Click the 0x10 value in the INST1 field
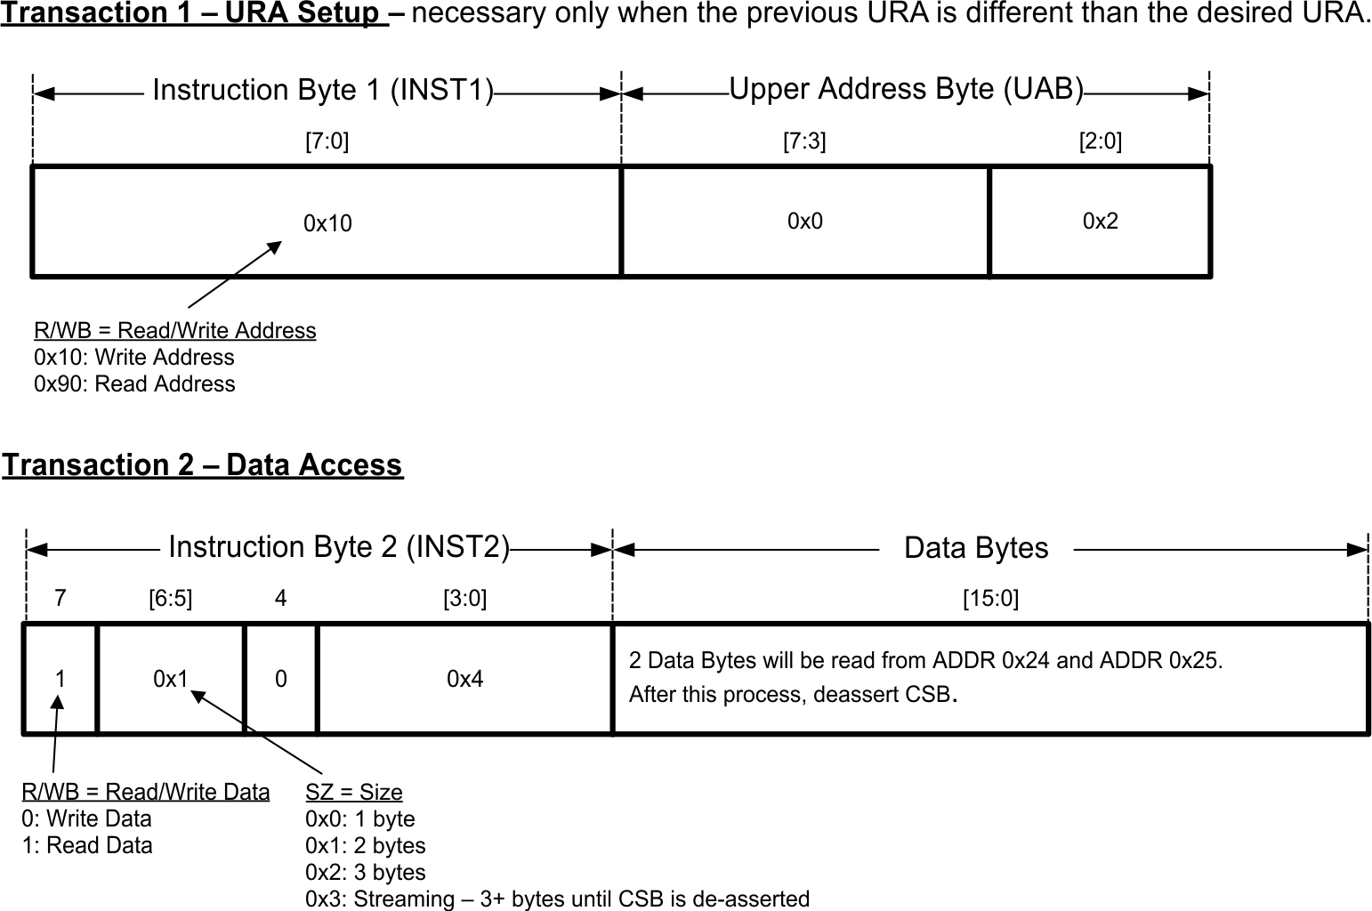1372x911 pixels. (327, 223)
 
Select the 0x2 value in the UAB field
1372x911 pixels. (1100, 222)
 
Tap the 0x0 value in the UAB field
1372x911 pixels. (804, 222)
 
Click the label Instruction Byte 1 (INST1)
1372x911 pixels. (322, 90)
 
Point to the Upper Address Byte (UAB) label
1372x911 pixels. (906, 89)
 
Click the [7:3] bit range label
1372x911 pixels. (803, 141)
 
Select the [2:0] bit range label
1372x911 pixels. (1100, 141)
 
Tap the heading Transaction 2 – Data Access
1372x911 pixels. (202, 464)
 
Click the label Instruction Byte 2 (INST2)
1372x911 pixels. (338, 546)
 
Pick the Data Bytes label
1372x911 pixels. (975, 547)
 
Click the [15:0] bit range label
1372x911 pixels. (990, 599)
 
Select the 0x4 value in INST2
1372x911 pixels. (464, 680)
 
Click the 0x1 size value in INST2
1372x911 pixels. (170, 680)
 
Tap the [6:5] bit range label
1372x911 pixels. (170, 599)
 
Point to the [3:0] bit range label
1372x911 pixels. (464, 599)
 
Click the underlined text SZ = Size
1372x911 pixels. (353, 792)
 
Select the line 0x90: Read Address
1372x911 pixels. (134, 383)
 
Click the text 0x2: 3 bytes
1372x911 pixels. (365, 872)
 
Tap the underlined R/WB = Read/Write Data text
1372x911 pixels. (145, 792)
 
